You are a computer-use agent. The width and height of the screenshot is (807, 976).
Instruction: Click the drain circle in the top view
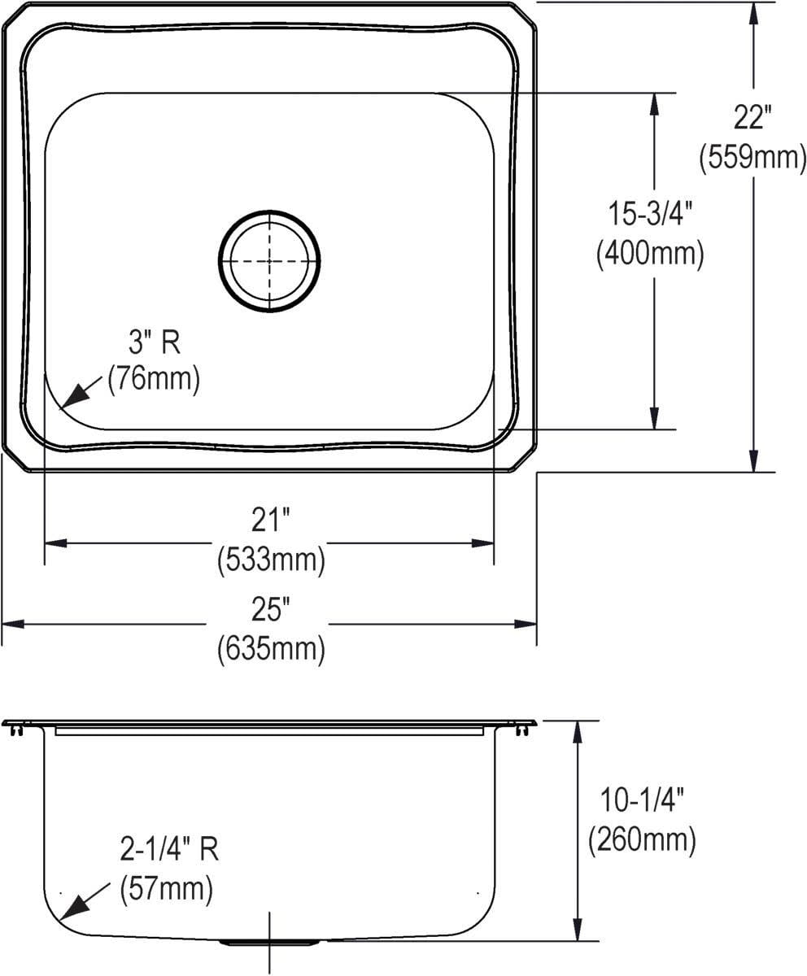click(269, 261)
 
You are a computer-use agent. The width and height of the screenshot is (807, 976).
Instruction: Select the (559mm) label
click(752, 156)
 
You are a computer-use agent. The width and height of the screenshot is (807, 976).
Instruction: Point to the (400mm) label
click(650, 254)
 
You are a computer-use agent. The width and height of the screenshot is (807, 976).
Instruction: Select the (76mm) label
click(154, 379)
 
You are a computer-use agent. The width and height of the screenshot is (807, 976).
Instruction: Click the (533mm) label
click(271, 560)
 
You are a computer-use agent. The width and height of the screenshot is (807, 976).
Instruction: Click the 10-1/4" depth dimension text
click(642, 801)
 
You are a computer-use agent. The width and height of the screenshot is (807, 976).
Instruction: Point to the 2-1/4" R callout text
click(169, 852)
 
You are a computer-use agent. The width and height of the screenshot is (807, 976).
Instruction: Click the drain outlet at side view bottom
click(269, 943)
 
